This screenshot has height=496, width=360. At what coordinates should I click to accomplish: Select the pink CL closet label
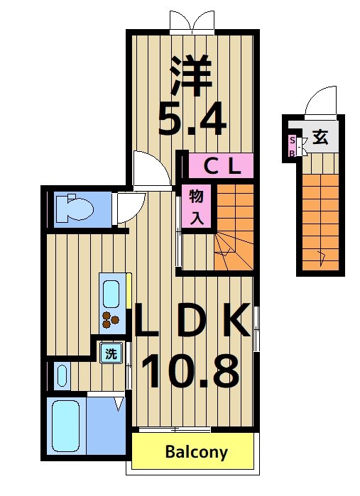tap(220, 167)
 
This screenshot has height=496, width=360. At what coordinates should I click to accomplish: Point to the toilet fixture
tap(73, 209)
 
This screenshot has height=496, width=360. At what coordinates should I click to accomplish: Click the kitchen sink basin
tap(111, 292)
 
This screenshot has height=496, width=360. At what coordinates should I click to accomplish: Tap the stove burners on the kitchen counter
tap(110, 321)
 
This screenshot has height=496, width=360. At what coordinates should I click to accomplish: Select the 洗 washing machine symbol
tap(111, 353)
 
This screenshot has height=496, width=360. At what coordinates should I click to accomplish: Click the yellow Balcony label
tap(197, 452)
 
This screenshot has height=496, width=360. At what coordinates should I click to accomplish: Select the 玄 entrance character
tap(321, 136)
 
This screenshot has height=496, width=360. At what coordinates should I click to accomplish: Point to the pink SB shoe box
tap(292, 145)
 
